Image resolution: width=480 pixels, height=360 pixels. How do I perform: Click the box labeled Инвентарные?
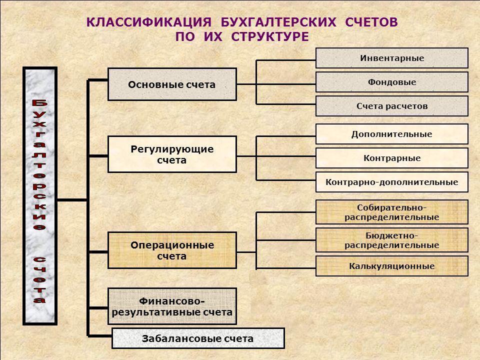392,58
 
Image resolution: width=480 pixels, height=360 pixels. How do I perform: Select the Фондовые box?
392,82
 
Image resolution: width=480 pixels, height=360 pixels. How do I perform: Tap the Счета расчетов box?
392,106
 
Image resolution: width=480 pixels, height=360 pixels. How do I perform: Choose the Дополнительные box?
392,134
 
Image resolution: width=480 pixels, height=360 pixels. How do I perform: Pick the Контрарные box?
392,158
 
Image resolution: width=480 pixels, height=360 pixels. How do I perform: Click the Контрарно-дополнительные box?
392,182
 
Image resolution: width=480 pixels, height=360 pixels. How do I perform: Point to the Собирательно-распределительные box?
392,212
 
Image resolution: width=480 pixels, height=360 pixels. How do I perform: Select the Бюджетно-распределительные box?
392,240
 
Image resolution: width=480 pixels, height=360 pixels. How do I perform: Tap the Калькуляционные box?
392,266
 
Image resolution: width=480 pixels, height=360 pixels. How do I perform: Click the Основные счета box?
172,84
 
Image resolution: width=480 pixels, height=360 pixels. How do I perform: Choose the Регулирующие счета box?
172,154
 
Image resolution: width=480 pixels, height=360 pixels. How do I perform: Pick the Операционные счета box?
172,250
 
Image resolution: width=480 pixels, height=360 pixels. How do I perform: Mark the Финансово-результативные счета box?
172,306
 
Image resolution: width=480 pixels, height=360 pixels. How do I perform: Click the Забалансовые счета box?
198,338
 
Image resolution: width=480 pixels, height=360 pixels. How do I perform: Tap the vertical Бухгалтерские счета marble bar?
40,196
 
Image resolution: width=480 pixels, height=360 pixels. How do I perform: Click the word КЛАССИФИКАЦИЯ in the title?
149,22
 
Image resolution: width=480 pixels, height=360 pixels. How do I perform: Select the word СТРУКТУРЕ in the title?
270,36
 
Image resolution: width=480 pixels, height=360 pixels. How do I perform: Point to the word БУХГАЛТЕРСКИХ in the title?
278,22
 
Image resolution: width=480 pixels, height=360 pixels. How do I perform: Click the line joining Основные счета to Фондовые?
276,84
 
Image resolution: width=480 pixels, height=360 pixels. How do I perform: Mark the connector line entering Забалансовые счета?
100,336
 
